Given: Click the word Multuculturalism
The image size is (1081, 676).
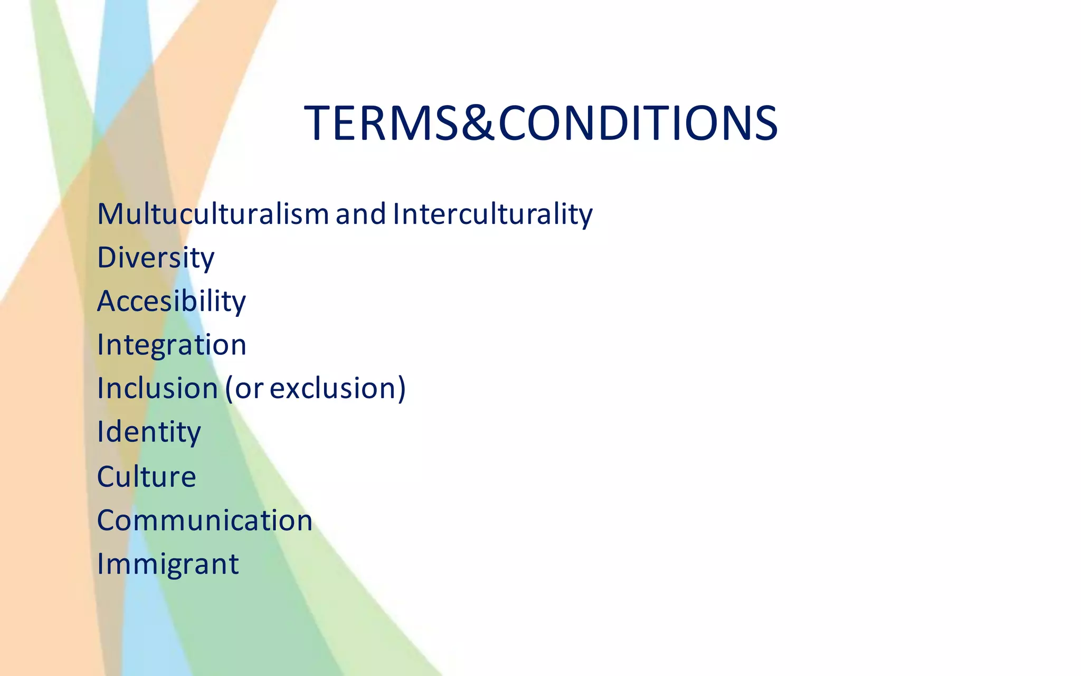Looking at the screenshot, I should (x=213, y=214).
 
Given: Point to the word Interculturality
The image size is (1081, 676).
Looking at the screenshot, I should (x=492, y=214).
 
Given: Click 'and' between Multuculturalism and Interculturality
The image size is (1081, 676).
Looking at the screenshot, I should (x=361, y=214).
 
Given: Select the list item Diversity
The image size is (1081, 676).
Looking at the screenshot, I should (x=156, y=258).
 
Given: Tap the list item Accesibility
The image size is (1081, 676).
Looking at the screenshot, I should (x=171, y=301).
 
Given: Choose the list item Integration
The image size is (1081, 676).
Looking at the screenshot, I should (x=172, y=345).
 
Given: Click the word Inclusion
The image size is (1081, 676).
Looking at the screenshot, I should (x=157, y=388).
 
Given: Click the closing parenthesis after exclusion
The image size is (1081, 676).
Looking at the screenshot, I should (x=402, y=389).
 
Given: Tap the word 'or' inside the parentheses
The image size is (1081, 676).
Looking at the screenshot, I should (x=249, y=389).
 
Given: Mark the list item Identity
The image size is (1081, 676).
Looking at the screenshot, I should (x=149, y=432).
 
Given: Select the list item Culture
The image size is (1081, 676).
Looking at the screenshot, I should (x=146, y=476).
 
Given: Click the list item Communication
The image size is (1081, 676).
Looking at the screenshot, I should (x=205, y=520).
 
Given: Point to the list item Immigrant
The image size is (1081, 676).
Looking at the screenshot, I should (x=168, y=564).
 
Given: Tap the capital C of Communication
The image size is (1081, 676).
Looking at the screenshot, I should (x=107, y=520).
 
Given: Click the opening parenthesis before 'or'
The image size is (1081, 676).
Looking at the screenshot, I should (x=229, y=389).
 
